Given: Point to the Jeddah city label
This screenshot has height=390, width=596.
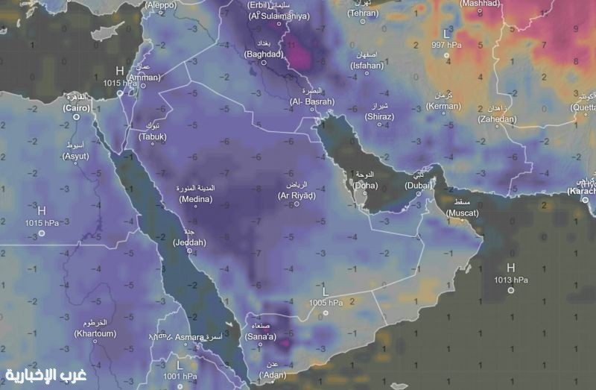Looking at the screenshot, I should [x=189, y=242].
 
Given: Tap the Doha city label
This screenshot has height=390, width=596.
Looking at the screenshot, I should [x=365, y=184].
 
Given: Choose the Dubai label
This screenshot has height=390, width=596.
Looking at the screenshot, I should [x=418, y=184].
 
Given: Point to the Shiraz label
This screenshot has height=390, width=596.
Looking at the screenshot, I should [x=380, y=117].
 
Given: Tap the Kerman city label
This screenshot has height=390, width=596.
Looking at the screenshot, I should [x=445, y=107].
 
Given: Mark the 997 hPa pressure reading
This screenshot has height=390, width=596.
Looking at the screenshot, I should [x=447, y=45].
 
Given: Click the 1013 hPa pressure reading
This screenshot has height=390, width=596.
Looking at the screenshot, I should [x=510, y=280].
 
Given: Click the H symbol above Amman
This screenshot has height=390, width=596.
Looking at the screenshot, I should [x=119, y=71].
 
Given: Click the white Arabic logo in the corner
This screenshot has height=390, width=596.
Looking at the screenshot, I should [x=46, y=374].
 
